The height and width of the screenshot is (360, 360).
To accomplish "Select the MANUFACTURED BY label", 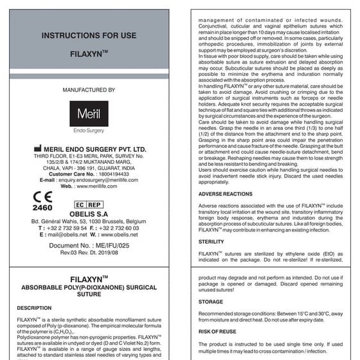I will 89,90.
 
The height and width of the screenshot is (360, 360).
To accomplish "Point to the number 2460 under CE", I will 42,209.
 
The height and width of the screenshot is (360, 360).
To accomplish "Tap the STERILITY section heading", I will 212,242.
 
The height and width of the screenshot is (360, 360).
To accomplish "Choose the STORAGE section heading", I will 211,301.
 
